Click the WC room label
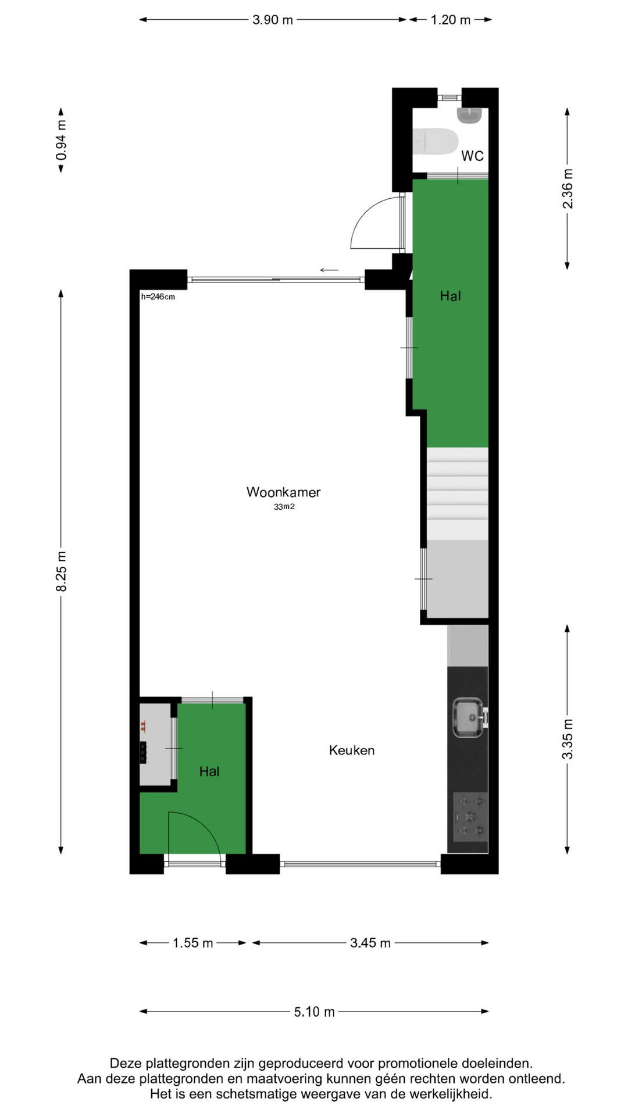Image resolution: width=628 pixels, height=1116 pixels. pos(472,156)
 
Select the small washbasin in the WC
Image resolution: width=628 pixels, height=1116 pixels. pos(470,115)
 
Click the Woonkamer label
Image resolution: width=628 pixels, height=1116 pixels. pos(283,492)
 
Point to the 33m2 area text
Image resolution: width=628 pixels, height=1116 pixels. pos(284,507)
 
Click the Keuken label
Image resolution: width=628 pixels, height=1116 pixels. pos(352,750)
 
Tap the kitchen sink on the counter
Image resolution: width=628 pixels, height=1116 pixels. pos(468,718)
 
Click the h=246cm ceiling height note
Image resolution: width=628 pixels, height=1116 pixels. pos(158,296)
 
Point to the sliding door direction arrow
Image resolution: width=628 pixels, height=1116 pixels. pos(329,270)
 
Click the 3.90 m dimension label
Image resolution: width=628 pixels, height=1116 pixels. pos(273,20)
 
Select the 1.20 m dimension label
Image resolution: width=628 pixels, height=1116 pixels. pos(451,20)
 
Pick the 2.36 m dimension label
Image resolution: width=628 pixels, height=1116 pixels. pos(568,188)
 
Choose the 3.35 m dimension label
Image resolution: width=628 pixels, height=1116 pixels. pos(568,739)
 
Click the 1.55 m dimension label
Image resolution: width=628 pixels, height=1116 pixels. pos(193,943)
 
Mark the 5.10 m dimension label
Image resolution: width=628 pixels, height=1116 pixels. pos(314,1012)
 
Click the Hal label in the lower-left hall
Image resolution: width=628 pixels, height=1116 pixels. pos(209,771)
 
